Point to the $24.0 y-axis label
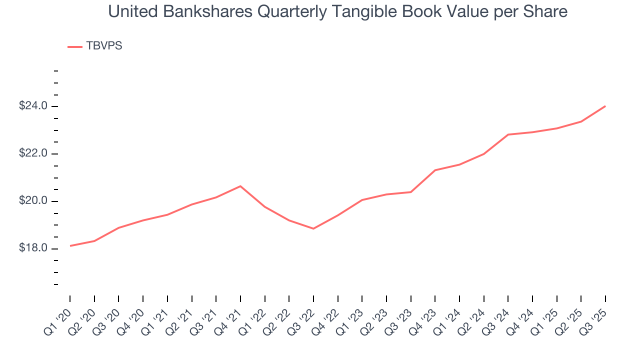tap(33, 106)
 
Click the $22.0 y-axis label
tap(33, 153)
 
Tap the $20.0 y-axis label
tap(33, 201)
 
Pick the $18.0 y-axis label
tap(33, 248)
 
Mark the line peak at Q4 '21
tap(240, 186)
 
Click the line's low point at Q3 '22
tap(313, 228)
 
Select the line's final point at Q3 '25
tap(605, 106)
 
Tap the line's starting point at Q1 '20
tap(70, 245)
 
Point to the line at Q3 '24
tap(508, 134)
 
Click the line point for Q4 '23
tap(435, 170)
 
